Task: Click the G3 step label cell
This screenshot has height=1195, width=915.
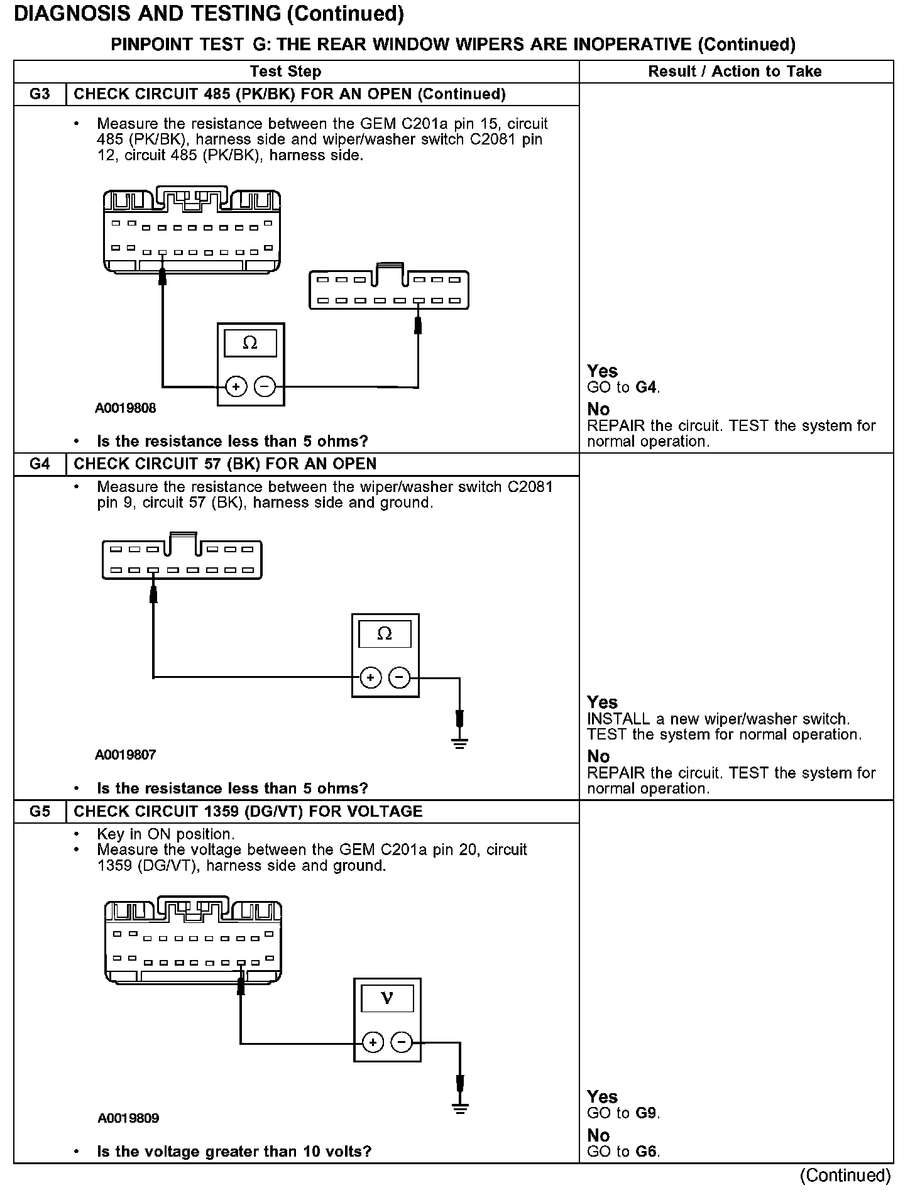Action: (40, 94)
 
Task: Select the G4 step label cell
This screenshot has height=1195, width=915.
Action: (40, 464)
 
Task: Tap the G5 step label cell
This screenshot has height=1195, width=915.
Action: (40, 812)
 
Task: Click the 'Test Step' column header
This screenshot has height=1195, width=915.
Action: (285, 72)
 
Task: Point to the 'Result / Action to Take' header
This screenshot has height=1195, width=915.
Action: (735, 72)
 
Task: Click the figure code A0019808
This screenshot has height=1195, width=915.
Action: (126, 408)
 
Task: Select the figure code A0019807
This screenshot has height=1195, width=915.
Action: (126, 755)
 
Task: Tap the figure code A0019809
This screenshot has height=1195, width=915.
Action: (128, 1118)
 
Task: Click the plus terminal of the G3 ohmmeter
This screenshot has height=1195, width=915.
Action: (236, 387)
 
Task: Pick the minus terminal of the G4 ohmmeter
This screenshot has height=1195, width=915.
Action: (400, 677)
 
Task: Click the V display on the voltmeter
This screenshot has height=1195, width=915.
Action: (387, 998)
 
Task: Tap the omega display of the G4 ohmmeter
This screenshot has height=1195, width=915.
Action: (385, 634)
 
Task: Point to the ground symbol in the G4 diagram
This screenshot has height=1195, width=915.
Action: (460, 744)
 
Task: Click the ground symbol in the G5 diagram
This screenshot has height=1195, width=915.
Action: (461, 1108)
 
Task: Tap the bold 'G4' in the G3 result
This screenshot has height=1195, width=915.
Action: (646, 388)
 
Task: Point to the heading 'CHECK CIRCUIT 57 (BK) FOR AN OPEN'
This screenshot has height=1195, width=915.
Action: (225, 464)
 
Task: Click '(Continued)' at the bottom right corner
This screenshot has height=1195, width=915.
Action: (846, 1176)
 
